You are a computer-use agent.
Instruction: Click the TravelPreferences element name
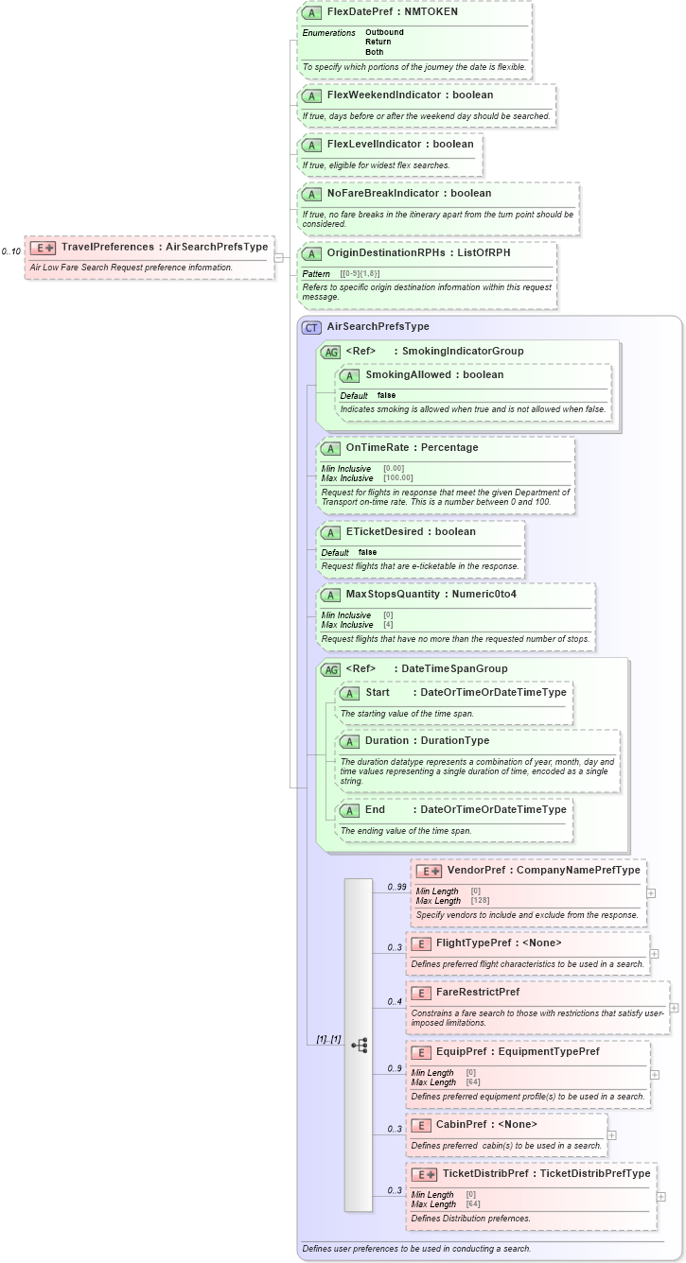click(x=107, y=247)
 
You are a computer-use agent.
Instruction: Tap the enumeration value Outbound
click(x=384, y=32)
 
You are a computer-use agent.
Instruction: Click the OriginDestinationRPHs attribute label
click(x=384, y=252)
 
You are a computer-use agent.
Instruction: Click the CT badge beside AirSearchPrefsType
click(x=311, y=327)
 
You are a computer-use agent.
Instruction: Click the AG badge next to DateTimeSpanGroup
click(x=330, y=669)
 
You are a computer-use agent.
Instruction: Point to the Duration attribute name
click(x=386, y=740)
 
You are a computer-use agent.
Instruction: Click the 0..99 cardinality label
click(x=396, y=888)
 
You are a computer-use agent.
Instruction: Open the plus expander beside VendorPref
click(x=651, y=892)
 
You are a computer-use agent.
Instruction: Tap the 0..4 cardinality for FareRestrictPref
click(x=395, y=1001)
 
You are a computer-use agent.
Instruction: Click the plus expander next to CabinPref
click(x=611, y=1135)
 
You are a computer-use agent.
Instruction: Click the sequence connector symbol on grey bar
click(x=360, y=1045)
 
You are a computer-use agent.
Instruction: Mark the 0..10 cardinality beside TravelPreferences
click(x=11, y=251)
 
